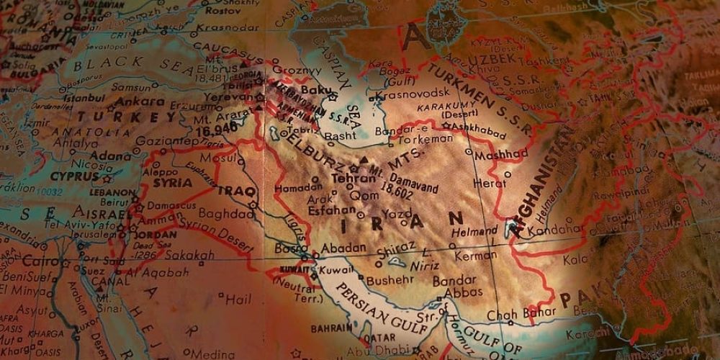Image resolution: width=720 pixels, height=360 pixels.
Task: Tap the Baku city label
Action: [318, 91]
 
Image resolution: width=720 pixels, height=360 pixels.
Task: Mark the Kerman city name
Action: [476, 255]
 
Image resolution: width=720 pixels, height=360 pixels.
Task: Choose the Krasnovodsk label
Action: [413, 93]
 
